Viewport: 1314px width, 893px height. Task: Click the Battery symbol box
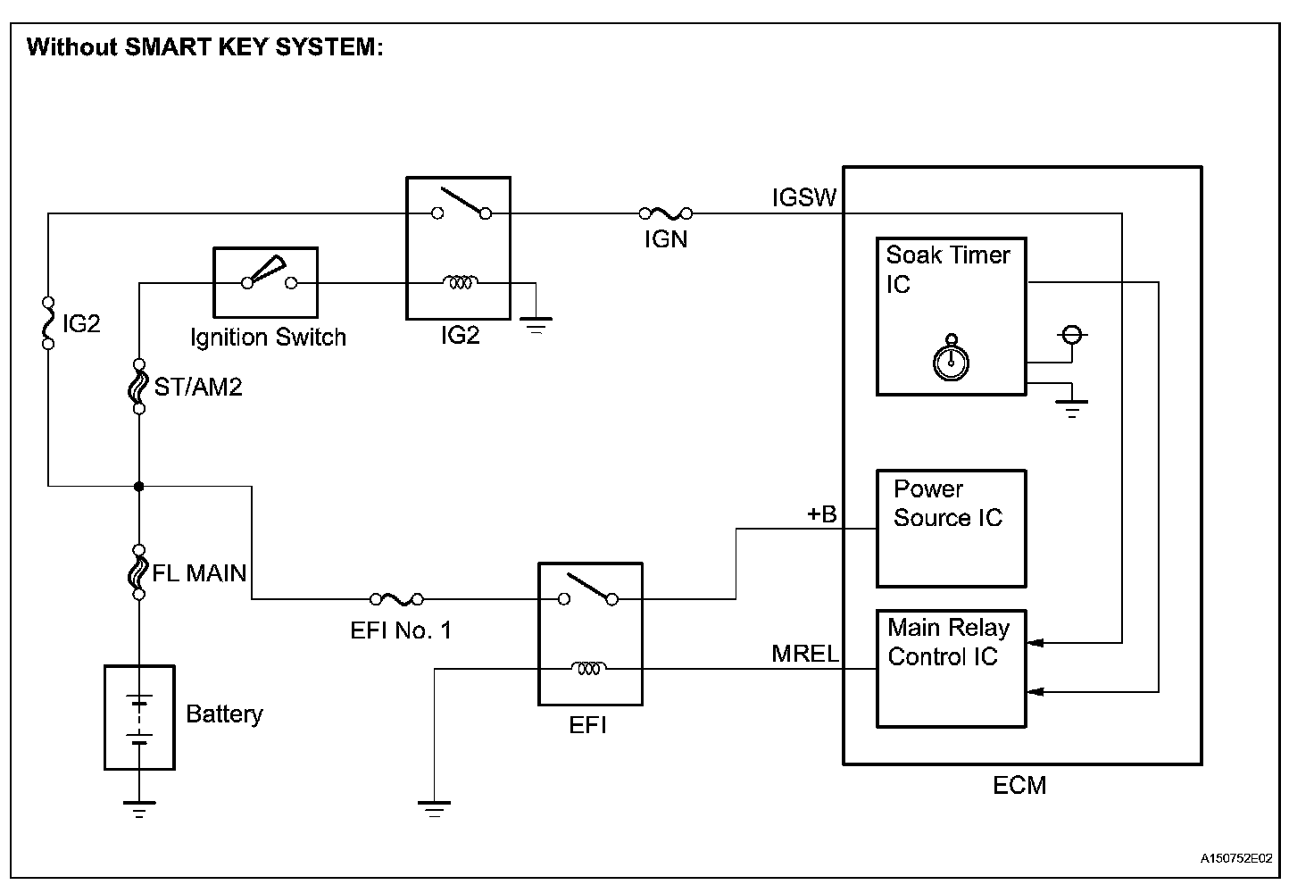tap(139, 717)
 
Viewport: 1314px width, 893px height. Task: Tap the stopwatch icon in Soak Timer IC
tap(952, 359)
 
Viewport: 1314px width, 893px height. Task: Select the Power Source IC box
tap(951, 529)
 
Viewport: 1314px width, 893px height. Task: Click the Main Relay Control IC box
tap(951, 669)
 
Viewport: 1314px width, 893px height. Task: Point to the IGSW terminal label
tap(804, 198)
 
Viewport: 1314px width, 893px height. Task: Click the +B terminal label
tap(821, 514)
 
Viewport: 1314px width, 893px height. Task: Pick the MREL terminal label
tap(805, 654)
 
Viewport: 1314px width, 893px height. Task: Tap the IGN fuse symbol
tap(666, 213)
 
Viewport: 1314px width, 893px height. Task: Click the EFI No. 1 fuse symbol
tap(396, 599)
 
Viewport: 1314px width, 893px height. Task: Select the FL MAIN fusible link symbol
tap(139, 572)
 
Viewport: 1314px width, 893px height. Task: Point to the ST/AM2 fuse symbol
tap(139, 387)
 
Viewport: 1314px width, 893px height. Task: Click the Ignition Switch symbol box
tap(266, 283)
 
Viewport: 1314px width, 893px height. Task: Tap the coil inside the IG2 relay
tap(460, 283)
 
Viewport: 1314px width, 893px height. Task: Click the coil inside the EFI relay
tap(589, 668)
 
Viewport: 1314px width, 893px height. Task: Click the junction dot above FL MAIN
tap(139, 486)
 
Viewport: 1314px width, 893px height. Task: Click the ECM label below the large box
tap(1019, 785)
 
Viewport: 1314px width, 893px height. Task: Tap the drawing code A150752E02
tap(1235, 859)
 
